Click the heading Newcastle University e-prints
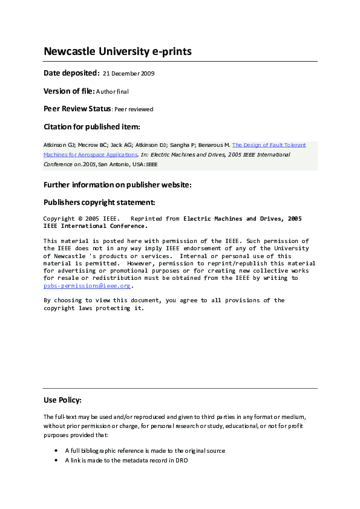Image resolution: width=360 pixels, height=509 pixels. pos(117,51)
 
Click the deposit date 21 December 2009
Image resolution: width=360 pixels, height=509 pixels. pos(129,74)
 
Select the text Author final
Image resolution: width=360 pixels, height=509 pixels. pos(113,92)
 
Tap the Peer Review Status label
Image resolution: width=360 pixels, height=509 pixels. pos(77,109)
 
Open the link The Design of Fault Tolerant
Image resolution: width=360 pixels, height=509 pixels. pos(269,145)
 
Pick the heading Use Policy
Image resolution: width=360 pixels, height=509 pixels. pos(62,400)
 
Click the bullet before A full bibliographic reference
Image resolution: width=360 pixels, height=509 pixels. pos(56,451)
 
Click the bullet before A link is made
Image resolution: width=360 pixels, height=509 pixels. pos(56,461)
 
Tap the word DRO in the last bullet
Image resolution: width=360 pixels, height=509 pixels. pos(182,461)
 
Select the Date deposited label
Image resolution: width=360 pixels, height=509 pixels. pos(71,73)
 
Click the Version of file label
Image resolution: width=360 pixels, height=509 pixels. pos(69,91)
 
